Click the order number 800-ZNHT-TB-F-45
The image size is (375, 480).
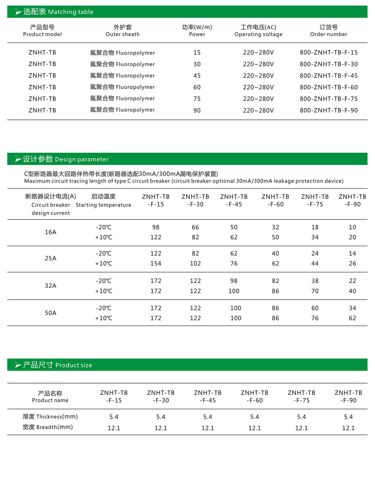click(329, 76)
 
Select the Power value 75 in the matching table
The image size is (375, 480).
click(197, 99)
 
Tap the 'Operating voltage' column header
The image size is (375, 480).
click(258, 31)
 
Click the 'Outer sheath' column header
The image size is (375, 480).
click(123, 31)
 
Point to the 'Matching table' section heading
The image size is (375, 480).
click(58, 12)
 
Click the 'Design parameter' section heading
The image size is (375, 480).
click(65, 159)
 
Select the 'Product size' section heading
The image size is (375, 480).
click(57, 365)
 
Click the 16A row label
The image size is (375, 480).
click(50, 232)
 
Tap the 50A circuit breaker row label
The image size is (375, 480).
click(50, 313)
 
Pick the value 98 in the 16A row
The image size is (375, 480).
click(156, 227)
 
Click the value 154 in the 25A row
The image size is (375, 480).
click(156, 263)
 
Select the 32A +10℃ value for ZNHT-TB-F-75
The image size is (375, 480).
click(315, 291)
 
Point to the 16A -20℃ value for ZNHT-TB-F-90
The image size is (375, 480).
click(352, 227)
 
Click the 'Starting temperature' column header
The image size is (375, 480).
click(103, 201)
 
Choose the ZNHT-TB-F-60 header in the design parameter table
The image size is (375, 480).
click(275, 200)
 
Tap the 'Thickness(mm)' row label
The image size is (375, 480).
click(50, 417)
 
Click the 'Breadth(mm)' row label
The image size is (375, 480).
click(48, 427)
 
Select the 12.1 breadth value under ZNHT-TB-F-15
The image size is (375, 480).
click(114, 428)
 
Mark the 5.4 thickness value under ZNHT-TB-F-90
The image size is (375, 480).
click(348, 417)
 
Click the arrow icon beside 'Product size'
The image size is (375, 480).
click(18, 365)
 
